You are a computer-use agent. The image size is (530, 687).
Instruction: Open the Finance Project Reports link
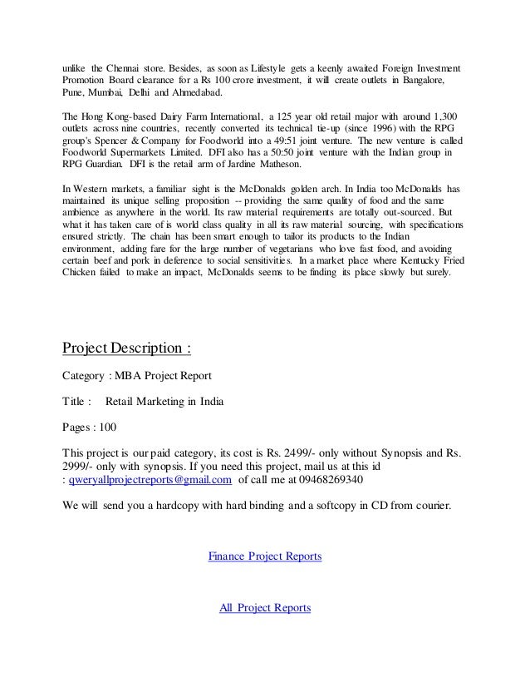click(264, 555)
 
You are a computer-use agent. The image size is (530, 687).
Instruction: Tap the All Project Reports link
click(264, 608)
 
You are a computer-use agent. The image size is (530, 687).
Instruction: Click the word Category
click(86, 373)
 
